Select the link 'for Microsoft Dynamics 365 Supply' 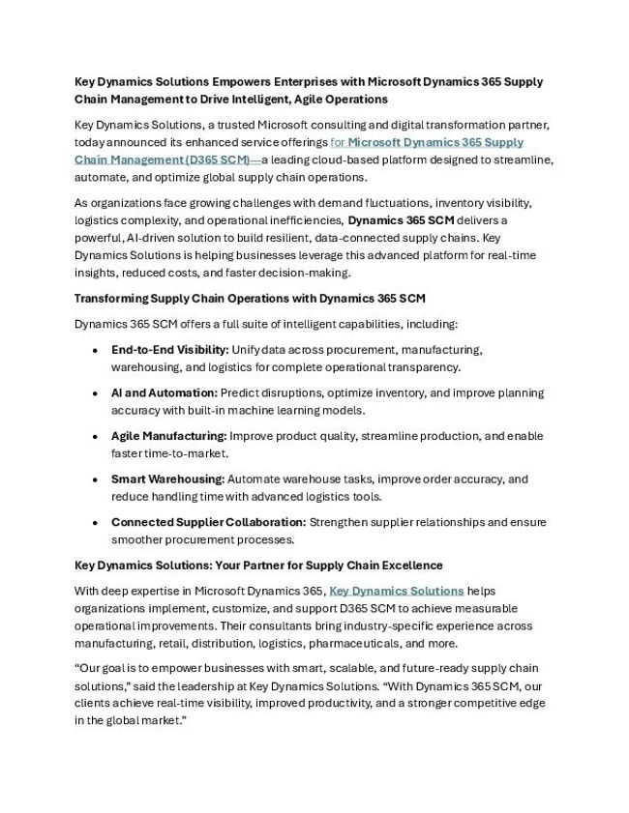point(427,142)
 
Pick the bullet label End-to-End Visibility point(169,349)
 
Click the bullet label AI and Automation point(164,392)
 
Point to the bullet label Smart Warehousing point(167,479)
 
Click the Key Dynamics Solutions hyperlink point(397,591)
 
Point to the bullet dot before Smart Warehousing point(94,479)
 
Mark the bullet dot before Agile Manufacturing point(94,437)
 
